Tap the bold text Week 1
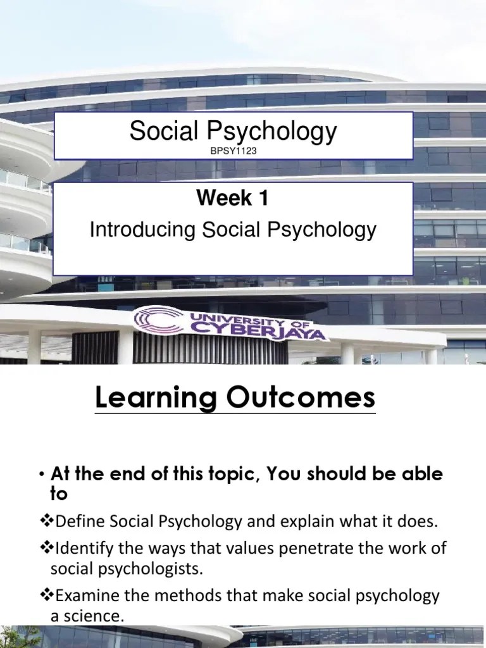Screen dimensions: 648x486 [x=233, y=199]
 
